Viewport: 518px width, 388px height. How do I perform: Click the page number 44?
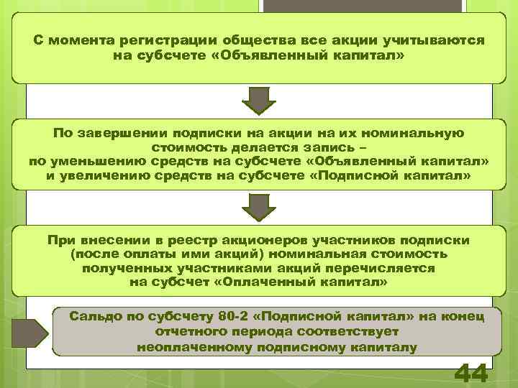coord(471,374)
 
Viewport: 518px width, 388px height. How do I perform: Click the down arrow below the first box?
coord(258,101)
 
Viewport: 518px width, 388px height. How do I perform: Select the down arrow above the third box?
coord(258,208)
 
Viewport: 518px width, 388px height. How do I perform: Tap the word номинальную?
coord(420,133)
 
